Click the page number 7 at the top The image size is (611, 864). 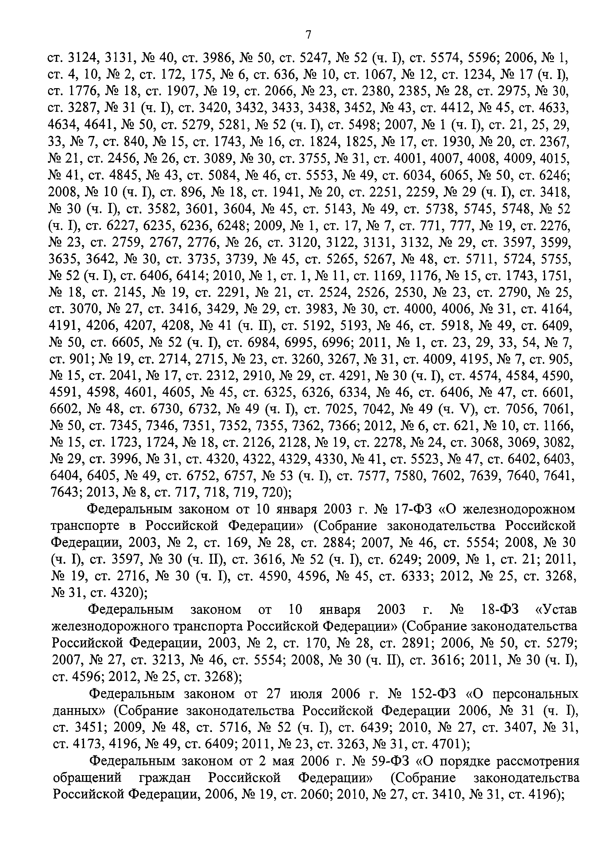coord(308,35)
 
